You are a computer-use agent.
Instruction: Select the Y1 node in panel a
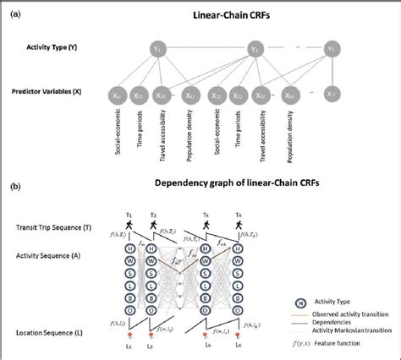tap(157, 50)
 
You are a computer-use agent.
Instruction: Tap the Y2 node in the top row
tap(255, 50)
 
